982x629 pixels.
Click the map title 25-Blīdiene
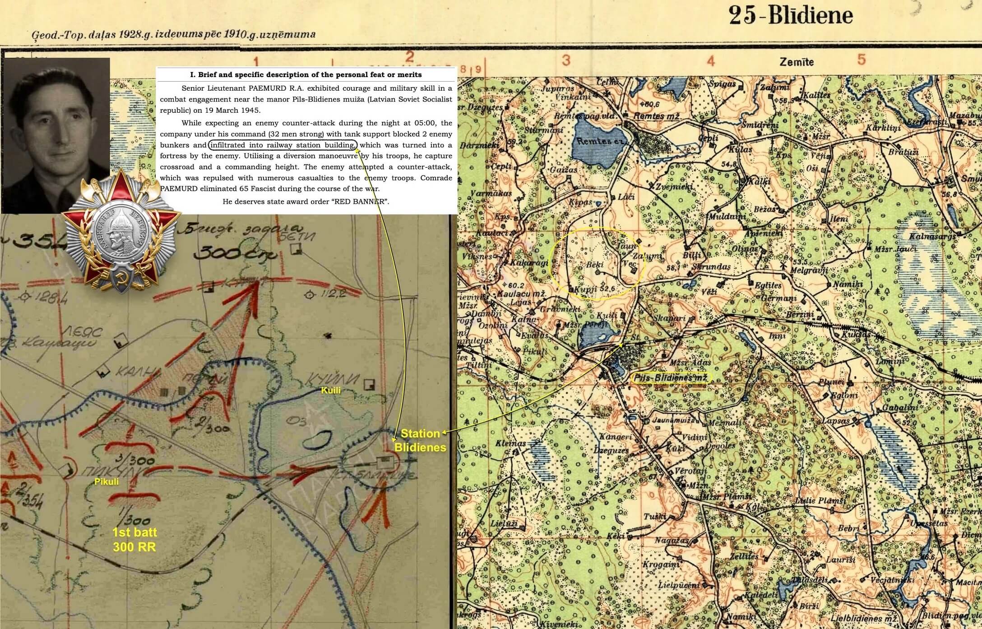[791, 16]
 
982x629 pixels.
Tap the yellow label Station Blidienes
[420, 441]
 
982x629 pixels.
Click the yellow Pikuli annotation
[107, 482]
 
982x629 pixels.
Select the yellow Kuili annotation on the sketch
[330, 390]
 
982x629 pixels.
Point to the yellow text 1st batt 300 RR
[134, 540]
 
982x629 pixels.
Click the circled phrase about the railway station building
[283, 145]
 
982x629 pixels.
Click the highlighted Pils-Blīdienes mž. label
[670, 378]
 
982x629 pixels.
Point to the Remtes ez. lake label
[598, 141]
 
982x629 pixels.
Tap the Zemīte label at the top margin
[797, 62]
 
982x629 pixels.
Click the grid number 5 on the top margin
[862, 60]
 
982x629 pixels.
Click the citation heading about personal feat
[306, 75]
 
